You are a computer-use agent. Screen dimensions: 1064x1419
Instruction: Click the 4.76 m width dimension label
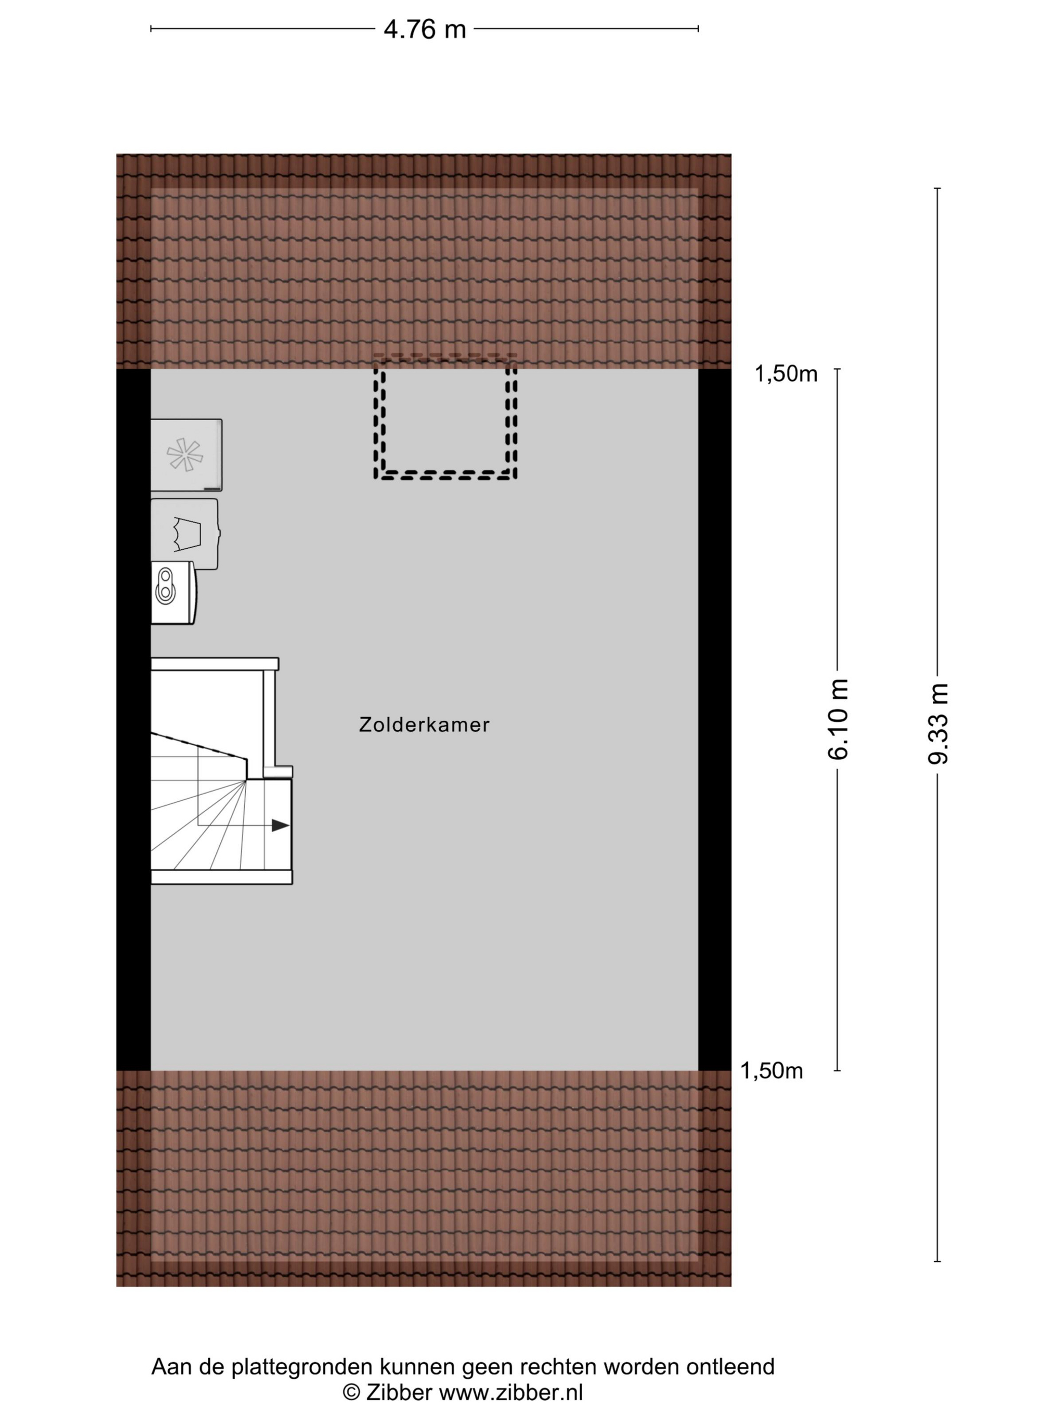(x=425, y=29)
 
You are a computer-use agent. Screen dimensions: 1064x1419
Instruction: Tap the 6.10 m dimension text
(x=838, y=719)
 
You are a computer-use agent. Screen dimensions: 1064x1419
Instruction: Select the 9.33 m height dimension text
(x=938, y=723)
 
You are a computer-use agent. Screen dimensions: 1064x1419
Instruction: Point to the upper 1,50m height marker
(x=786, y=374)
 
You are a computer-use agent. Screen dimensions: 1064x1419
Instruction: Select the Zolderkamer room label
(x=424, y=724)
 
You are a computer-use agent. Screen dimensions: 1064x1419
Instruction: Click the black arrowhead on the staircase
(x=280, y=825)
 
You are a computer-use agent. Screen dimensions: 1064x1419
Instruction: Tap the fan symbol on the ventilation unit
(x=185, y=454)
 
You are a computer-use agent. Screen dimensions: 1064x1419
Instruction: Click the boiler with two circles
(x=173, y=593)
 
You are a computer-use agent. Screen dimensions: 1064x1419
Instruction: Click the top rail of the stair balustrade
(x=215, y=664)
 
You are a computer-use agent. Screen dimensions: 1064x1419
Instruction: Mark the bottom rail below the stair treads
(x=222, y=877)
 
